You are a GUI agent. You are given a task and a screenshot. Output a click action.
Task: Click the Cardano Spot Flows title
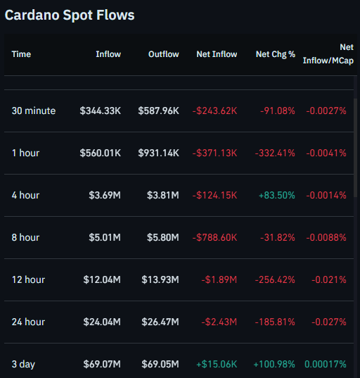(69, 15)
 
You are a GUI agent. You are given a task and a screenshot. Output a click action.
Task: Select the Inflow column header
(108, 54)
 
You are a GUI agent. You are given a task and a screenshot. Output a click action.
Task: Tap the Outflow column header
(163, 54)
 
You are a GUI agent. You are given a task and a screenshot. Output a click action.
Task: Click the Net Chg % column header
(276, 54)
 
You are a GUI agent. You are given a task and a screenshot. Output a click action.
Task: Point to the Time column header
(21, 54)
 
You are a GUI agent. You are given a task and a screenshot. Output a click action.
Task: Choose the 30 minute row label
(33, 111)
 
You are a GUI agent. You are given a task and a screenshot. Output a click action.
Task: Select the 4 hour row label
(25, 195)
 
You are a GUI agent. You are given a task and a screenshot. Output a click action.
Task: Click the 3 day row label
(23, 364)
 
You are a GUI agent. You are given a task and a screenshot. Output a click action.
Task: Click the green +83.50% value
(274, 195)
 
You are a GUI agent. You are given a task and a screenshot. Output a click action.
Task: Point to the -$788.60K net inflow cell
(214, 237)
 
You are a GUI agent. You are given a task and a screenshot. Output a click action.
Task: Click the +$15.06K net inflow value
(215, 364)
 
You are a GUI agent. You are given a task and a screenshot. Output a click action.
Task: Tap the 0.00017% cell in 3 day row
(325, 364)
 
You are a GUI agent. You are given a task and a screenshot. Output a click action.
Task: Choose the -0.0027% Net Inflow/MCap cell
(324, 111)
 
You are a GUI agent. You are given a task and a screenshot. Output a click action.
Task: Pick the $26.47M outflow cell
(161, 322)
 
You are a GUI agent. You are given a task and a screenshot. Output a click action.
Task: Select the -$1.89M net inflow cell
(220, 279)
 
